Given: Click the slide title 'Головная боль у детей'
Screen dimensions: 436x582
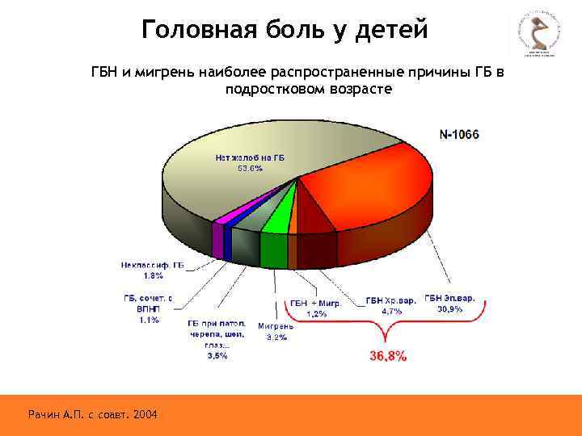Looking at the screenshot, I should click(x=284, y=30).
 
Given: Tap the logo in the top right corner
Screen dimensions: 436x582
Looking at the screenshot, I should click(x=538, y=36).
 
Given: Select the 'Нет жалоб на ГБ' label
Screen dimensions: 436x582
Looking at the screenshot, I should click(x=250, y=157).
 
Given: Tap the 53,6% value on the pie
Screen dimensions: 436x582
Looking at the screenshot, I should click(x=250, y=169).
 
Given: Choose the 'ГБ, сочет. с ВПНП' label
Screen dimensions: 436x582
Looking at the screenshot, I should click(x=148, y=303).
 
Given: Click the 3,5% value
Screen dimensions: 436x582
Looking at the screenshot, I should click(x=217, y=354).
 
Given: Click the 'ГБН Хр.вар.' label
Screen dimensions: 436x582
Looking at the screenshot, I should click(x=390, y=300).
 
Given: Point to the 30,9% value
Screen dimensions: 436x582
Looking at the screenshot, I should click(x=450, y=309).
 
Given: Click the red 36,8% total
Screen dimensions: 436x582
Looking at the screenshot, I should click(x=388, y=355).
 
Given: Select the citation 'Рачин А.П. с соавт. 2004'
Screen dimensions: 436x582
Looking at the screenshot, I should click(x=93, y=414).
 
